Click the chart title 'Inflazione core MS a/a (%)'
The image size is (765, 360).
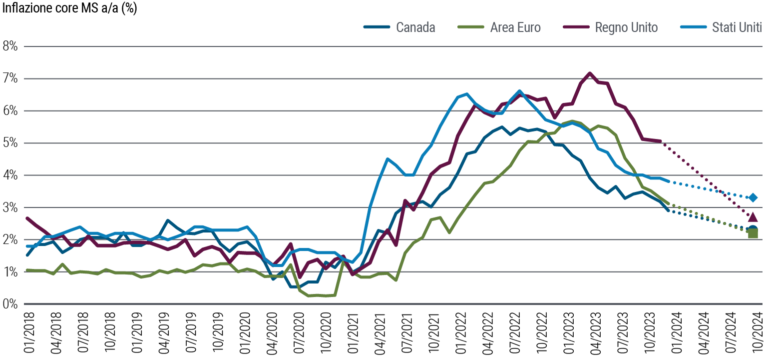tap(70, 8)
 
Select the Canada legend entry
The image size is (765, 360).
tap(415, 27)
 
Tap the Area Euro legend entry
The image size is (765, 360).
tap(515, 27)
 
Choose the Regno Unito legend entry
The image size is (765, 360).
tap(626, 27)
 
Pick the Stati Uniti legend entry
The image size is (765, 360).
tap(737, 27)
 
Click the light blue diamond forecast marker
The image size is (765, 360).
tap(753, 197)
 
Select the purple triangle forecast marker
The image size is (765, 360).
tap(753, 216)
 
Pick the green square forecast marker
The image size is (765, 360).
tap(753, 233)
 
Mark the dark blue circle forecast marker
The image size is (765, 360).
tap(753, 229)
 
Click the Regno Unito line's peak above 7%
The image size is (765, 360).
tap(590, 73)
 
